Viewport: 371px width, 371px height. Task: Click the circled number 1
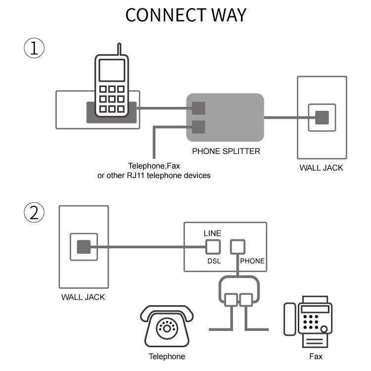pos(34,48)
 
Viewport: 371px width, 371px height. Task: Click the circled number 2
pos(34,213)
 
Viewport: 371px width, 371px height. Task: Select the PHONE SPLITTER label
pos(226,151)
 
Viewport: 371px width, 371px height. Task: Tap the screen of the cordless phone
pos(112,70)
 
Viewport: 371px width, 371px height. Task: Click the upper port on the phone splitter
pos(198,108)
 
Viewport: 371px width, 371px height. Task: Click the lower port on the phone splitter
pos(198,127)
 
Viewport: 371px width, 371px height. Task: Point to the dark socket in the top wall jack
pos(322,118)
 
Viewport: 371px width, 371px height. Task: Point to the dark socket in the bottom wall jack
pos(84,246)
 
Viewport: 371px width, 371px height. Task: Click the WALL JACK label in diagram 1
pos(321,168)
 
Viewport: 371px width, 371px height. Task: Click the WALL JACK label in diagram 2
pos(83,297)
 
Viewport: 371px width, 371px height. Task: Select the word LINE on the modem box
pos(212,233)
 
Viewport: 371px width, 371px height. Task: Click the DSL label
pos(214,261)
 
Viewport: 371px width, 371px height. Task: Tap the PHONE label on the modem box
pos(252,261)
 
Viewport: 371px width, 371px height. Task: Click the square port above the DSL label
pos(213,246)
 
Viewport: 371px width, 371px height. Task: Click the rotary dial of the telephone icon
pos(166,328)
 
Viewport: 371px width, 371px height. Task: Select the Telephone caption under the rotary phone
pos(167,356)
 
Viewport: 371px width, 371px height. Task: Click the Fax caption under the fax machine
pos(316,356)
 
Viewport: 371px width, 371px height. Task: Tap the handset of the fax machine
pos(290,319)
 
